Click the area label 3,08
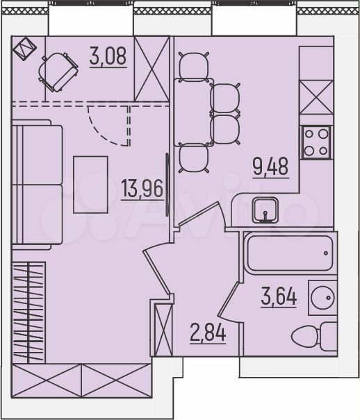pyautogui.click(x=108, y=56)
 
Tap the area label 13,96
pyautogui.click(x=142, y=188)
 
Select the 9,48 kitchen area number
pyautogui.click(x=270, y=166)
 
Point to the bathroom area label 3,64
pyautogui.click(x=279, y=296)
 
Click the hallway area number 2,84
pyautogui.click(x=208, y=333)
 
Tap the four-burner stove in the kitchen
pyautogui.click(x=316, y=142)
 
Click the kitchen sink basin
pyautogui.click(x=265, y=210)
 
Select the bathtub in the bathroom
pyautogui.click(x=290, y=253)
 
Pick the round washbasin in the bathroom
pyautogui.click(x=322, y=298)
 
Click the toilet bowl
pyautogui.click(x=313, y=336)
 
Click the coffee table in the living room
pyautogui.click(x=90, y=185)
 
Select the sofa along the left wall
pyautogui.click(x=37, y=185)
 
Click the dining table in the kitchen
pyautogui.click(x=194, y=112)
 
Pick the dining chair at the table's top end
pyautogui.click(x=194, y=66)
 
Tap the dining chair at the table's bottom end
pyautogui.click(x=194, y=158)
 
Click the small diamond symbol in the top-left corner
pyautogui.click(x=24, y=49)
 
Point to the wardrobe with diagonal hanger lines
pyautogui.click(x=28, y=312)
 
